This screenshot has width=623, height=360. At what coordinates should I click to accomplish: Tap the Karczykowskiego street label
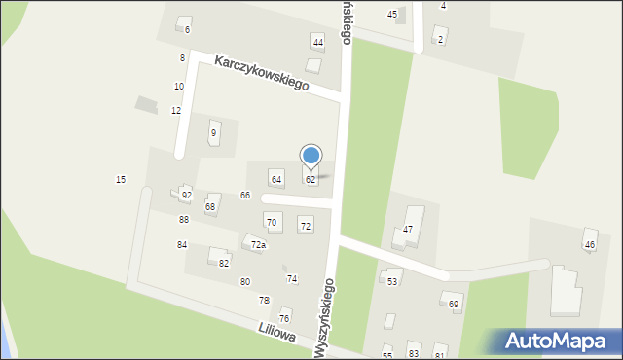(x=262, y=72)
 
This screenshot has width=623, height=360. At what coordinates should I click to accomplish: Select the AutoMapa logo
(x=555, y=341)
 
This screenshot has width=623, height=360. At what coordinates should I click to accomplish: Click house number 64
(x=276, y=179)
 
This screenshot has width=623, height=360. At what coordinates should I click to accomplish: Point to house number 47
(x=408, y=229)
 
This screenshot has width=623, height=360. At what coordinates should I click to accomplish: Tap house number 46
(x=589, y=244)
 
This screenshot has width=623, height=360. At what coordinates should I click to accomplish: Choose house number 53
(x=392, y=281)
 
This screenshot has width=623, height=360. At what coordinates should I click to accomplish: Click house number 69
(x=454, y=305)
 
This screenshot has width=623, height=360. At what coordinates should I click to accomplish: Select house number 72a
(x=258, y=245)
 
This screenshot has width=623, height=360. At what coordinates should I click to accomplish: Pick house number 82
(x=224, y=263)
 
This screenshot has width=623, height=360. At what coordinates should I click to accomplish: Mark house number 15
(x=121, y=179)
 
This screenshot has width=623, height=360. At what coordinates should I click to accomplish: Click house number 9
(x=213, y=132)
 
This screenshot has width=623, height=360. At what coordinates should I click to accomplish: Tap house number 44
(x=317, y=41)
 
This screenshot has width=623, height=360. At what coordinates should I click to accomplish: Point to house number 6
(x=188, y=30)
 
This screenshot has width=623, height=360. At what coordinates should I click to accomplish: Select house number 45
(x=392, y=15)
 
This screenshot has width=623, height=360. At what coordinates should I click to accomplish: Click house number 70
(x=272, y=223)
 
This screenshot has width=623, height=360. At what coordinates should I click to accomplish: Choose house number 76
(x=284, y=318)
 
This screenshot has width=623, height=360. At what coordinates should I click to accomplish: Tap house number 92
(x=186, y=196)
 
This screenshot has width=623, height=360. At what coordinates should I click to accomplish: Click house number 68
(x=210, y=207)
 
